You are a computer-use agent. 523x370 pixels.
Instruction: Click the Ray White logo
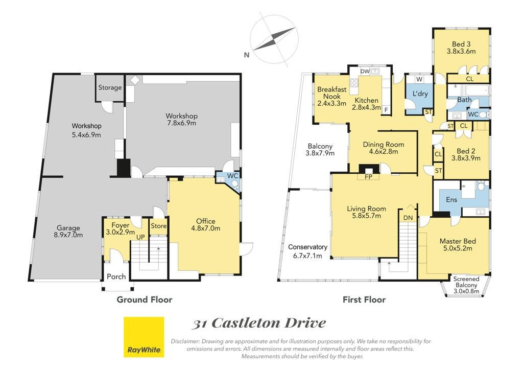(x=144, y=337)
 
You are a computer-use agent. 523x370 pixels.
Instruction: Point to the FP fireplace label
(x=368, y=177)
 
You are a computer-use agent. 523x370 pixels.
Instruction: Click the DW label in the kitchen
(x=365, y=71)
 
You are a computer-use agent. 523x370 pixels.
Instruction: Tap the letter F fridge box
(x=386, y=110)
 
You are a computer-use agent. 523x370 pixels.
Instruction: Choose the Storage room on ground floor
(x=110, y=88)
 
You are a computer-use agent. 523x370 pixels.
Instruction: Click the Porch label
(x=116, y=276)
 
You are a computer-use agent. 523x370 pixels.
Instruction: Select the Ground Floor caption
(x=145, y=299)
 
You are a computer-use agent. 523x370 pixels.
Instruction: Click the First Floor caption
(x=364, y=299)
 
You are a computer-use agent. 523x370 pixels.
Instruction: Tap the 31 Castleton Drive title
(x=259, y=323)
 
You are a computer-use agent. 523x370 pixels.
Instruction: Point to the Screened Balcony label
(x=466, y=282)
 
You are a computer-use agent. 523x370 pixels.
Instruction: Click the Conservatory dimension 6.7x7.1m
(x=307, y=256)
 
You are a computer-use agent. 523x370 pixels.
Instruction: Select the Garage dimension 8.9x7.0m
(x=68, y=235)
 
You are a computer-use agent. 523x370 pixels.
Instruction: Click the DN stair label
(x=408, y=218)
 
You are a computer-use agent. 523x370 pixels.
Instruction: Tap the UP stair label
(x=141, y=237)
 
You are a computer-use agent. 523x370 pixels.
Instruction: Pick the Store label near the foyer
(x=159, y=226)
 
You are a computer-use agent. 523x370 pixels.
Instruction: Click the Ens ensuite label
(x=451, y=199)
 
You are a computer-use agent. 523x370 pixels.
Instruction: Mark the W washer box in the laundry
(x=420, y=79)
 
